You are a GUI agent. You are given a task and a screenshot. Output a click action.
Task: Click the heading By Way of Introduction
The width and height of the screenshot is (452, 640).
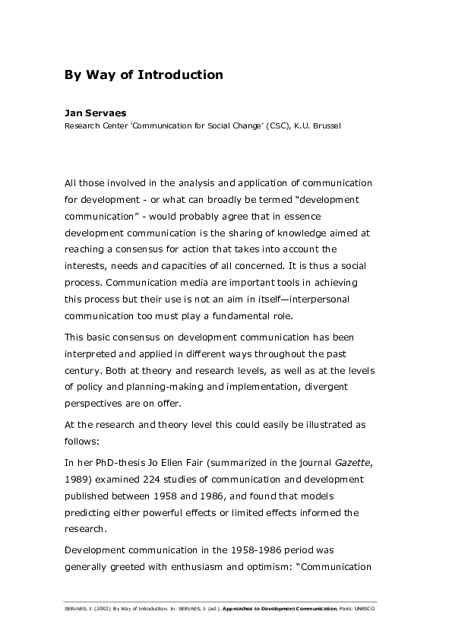pos(144,74)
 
